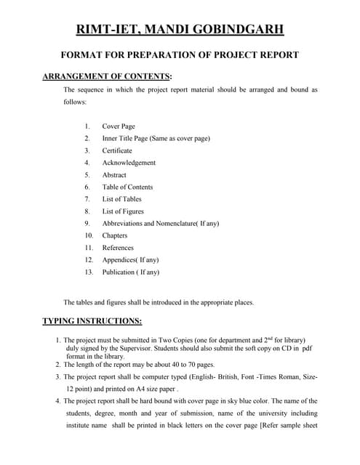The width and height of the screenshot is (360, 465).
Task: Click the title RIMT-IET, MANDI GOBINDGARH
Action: click(x=180, y=29)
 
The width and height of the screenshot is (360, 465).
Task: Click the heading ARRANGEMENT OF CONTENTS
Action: click(x=107, y=76)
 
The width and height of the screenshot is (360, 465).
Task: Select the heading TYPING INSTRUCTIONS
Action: click(x=92, y=320)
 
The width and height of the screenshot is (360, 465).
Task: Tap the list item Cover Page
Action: click(x=119, y=126)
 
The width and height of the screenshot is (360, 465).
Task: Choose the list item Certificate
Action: click(x=117, y=150)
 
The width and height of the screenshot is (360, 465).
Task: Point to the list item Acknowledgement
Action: click(x=129, y=163)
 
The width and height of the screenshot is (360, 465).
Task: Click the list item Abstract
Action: click(x=114, y=175)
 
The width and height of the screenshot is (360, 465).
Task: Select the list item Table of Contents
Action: click(x=127, y=187)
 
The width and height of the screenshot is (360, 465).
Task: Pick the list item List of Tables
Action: click(x=121, y=199)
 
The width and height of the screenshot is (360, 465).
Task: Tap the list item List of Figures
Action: click(x=123, y=211)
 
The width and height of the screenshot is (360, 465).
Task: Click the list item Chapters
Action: click(x=115, y=235)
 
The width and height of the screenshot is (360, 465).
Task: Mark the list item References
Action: click(x=118, y=248)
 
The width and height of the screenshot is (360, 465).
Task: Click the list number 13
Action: click(x=89, y=272)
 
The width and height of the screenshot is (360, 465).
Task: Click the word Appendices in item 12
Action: click(x=119, y=260)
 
